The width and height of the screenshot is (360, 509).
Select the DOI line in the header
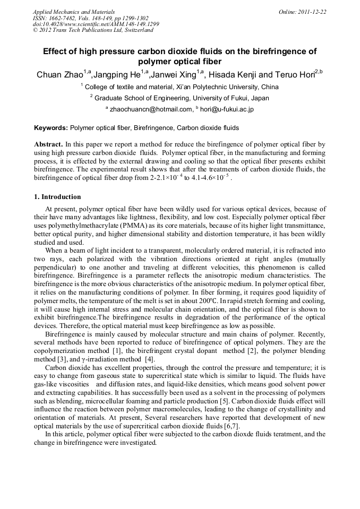coord(96,24)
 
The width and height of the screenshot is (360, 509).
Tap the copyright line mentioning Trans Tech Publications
coord(93,30)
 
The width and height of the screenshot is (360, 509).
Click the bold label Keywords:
coord(51,128)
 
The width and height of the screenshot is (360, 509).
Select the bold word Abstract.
coord(49,144)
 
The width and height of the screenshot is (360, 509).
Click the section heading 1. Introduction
coord(57,197)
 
